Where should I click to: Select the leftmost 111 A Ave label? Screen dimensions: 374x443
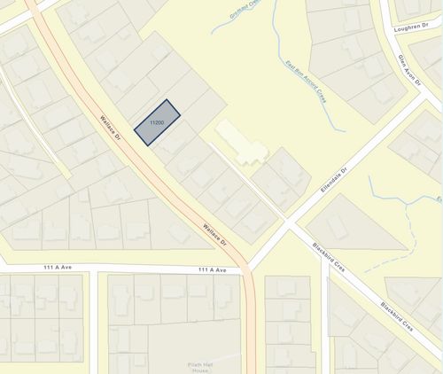(x=59, y=268)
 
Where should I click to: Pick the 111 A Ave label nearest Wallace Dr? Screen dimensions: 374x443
(x=213, y=269)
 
